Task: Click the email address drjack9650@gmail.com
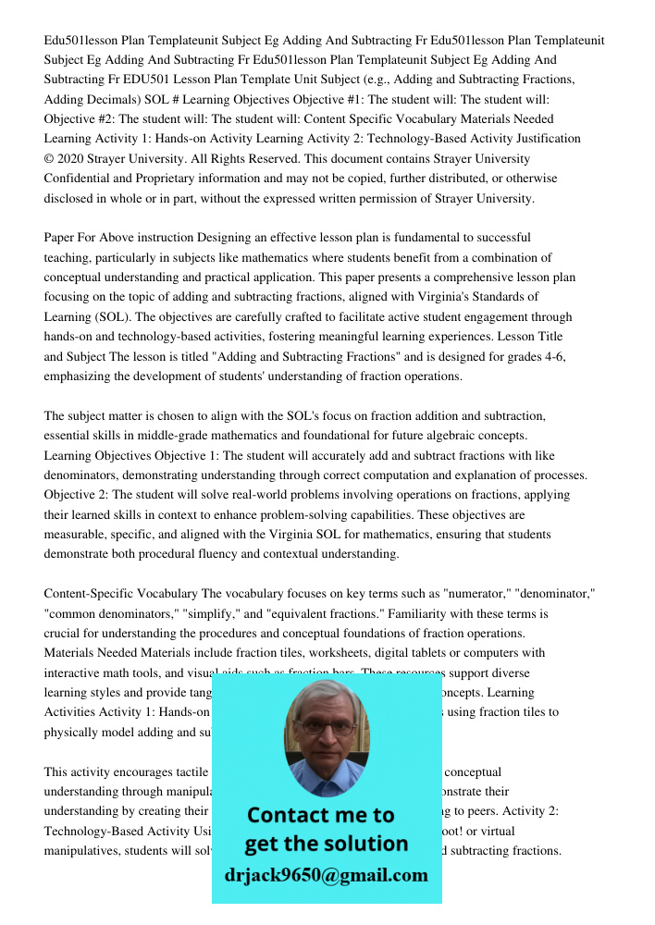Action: (326, 875)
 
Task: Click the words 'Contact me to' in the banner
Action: (320, 815)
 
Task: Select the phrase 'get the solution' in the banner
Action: (326, 844)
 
